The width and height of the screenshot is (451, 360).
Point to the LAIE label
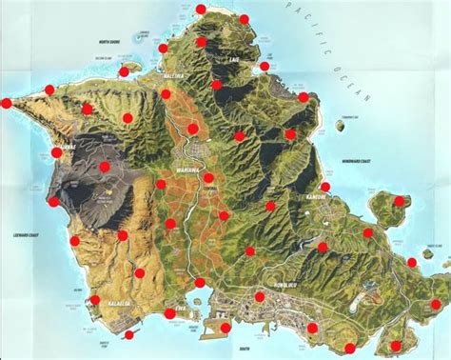tap(234, 59)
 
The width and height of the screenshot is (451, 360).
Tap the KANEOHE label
tap(315, 196)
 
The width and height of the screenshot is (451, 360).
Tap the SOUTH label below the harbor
tap(245, 350)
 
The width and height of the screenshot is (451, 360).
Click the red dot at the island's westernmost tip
tap(6, 103)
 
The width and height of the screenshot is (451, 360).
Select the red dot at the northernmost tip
tap(200, 10)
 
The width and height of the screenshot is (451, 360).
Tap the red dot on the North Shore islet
tap(124, 71)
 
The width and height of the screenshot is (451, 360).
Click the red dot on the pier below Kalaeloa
tap(128, 334)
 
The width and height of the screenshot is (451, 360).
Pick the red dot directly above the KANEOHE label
tap(325, 186)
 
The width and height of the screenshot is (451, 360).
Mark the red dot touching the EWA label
tap(170, 312)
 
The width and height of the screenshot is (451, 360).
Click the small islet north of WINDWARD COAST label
tap(341, 124)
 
